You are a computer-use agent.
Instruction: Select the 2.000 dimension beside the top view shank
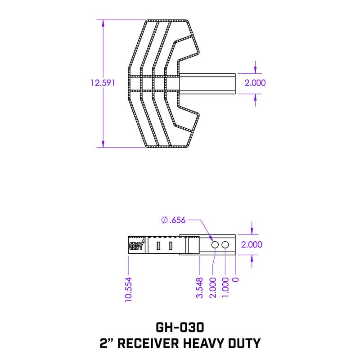pos(255,83)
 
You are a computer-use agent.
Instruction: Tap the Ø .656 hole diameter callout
pos(173,220)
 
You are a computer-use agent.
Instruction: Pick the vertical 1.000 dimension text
pos(225,288)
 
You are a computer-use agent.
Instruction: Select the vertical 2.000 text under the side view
pos(213,288)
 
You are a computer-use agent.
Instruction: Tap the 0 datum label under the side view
pos(236,279)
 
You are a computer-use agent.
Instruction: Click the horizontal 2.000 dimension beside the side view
pos(252,245)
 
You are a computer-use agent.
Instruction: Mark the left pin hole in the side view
pos(215,244)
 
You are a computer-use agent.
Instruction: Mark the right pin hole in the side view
pos(225,244)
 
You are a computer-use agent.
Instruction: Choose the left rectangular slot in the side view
pos(158,246)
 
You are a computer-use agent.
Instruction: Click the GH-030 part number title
pos(180,326)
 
